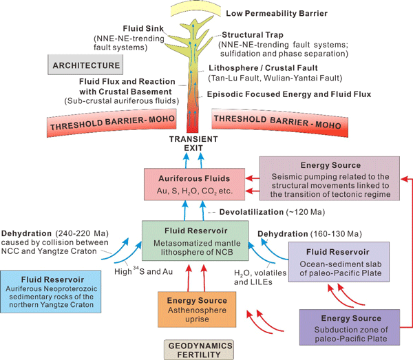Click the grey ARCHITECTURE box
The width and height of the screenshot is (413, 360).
[x=85, y=66]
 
